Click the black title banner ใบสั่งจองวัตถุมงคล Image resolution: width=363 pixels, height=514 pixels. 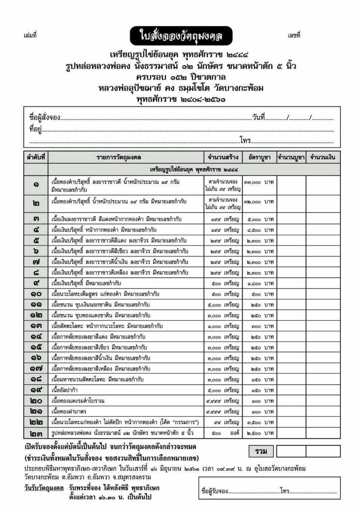click(x=181, y=36)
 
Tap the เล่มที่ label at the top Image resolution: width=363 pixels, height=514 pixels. click(x=30, y=36)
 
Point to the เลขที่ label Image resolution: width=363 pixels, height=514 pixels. click(x=294, y=36)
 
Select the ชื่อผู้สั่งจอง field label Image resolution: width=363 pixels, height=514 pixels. click(x=45, y=118)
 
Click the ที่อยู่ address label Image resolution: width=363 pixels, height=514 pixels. click(x=35, y=129)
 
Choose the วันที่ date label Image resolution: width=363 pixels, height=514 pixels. click(x=259, y=118)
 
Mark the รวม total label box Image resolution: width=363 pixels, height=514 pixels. click(x=261, y=451)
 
